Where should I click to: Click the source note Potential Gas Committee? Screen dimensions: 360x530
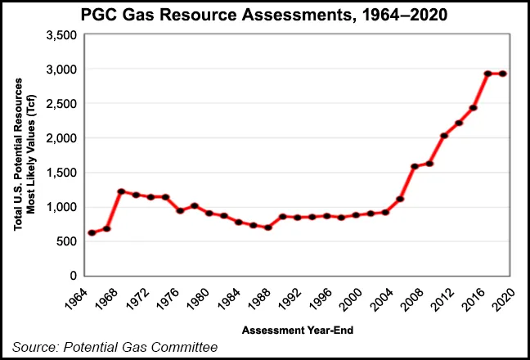115,348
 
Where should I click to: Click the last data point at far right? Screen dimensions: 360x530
503,74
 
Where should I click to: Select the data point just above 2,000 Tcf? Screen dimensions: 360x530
443,136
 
